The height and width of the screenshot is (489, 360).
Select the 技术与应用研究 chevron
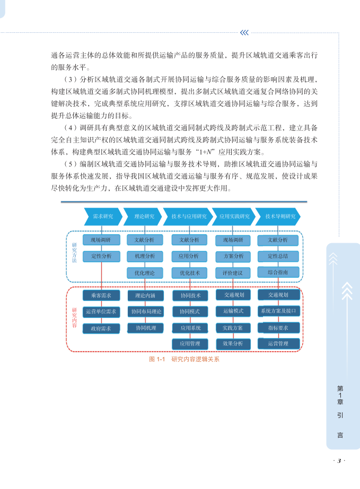(189, 216)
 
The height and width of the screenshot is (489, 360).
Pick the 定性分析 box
(101, 256)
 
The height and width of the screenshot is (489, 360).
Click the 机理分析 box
(145, 256)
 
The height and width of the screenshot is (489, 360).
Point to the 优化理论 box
(145, 273)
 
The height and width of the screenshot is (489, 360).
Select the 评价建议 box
(233, 273)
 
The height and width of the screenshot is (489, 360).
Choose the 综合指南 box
(278, 272)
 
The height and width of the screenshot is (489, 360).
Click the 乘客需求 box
(101, 295)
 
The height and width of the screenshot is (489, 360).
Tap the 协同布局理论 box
(145, 312)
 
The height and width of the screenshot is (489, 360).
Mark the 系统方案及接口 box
(278, 311)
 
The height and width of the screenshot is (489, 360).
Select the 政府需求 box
(101, 328)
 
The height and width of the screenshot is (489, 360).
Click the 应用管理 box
(189, 344)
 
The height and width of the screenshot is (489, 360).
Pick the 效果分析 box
(233, 344)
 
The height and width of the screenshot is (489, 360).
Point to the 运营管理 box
(278, 344)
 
